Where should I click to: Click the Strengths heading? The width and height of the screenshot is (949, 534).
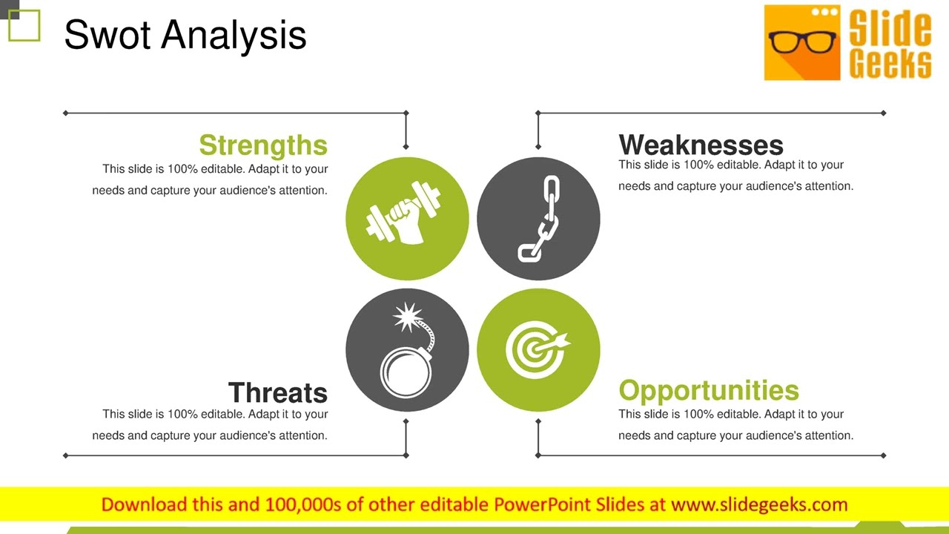click(x=263, y=145)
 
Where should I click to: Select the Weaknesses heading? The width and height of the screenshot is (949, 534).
click(x=701, y=145)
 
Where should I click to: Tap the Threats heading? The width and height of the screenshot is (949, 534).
click(x=277, y=392)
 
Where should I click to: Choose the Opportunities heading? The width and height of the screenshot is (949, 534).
click(x=709, y=390)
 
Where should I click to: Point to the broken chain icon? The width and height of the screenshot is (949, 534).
click(x=539, y=218)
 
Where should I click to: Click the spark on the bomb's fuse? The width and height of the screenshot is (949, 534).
click(x=406, y=317)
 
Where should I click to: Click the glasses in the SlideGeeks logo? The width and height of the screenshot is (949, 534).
click(x=802, y=42)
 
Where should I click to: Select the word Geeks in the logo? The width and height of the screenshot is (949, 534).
click(x=890, y=64)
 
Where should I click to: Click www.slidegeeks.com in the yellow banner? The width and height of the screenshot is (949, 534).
click(x=759, y=505)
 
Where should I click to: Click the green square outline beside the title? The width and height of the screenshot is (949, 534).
click(x=24, y=26)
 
